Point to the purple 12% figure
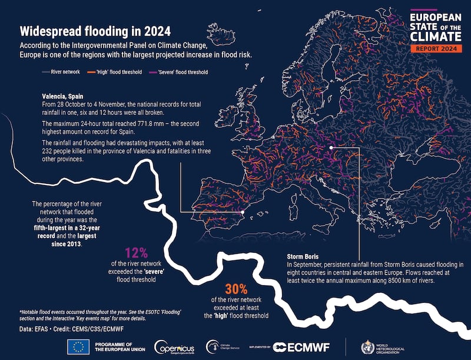[137, 253]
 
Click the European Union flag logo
[78, 346]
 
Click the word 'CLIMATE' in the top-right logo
[435, 35]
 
